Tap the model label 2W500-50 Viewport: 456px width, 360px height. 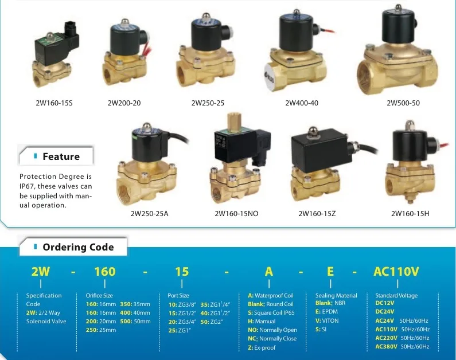point(403,104)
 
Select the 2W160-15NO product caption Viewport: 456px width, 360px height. point(236,214)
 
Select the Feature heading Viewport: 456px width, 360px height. point(61,156)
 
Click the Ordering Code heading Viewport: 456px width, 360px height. point(78,247)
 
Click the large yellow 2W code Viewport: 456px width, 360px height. point(41,271)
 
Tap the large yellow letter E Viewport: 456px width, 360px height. point(330,271)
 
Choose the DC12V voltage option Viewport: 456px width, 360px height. point(385,304)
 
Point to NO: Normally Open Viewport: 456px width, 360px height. point(272,330)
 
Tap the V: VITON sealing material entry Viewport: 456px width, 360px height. point(327,320)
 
